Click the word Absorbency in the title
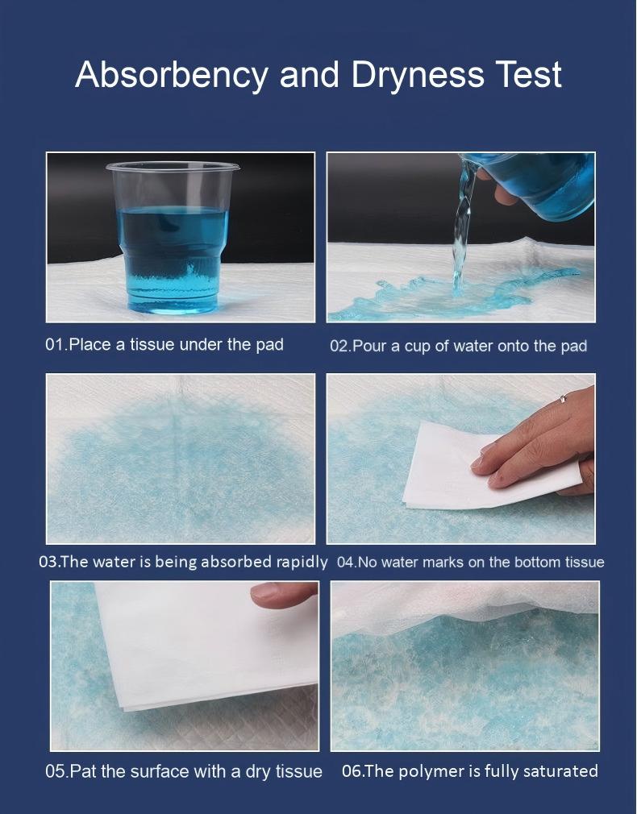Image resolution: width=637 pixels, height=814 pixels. (x=172, y=75)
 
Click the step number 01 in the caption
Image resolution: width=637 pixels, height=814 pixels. (x=54, y=344)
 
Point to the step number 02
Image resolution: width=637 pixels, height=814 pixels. (x=339, y=346)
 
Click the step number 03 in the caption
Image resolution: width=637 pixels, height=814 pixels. (x=48, y=562)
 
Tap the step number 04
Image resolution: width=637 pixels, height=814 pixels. (x=345, y=563)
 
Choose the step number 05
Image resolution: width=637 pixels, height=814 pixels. (x=55, y=771)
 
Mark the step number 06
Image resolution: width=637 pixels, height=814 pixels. (x=351, y=771)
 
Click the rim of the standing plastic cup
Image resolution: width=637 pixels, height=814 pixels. (x=173, y=167)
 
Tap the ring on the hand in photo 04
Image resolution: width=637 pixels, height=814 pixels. (x=563, y=399)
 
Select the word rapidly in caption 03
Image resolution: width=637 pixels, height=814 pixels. (x=302, y=563)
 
